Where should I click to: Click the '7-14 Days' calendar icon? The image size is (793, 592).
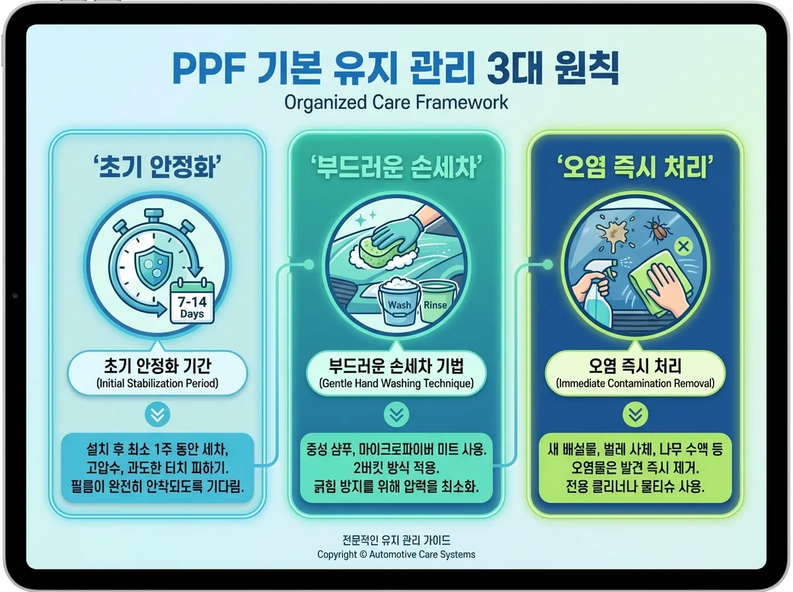pos(192,303)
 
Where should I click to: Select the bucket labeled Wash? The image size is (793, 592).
pos(398,302)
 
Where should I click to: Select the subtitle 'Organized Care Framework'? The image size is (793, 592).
pos(396,102)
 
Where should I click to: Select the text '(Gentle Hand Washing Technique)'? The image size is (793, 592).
pos(397,383)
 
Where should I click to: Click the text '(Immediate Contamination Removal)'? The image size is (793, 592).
pos(635,383)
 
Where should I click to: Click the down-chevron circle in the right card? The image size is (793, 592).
pos(635,414)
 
